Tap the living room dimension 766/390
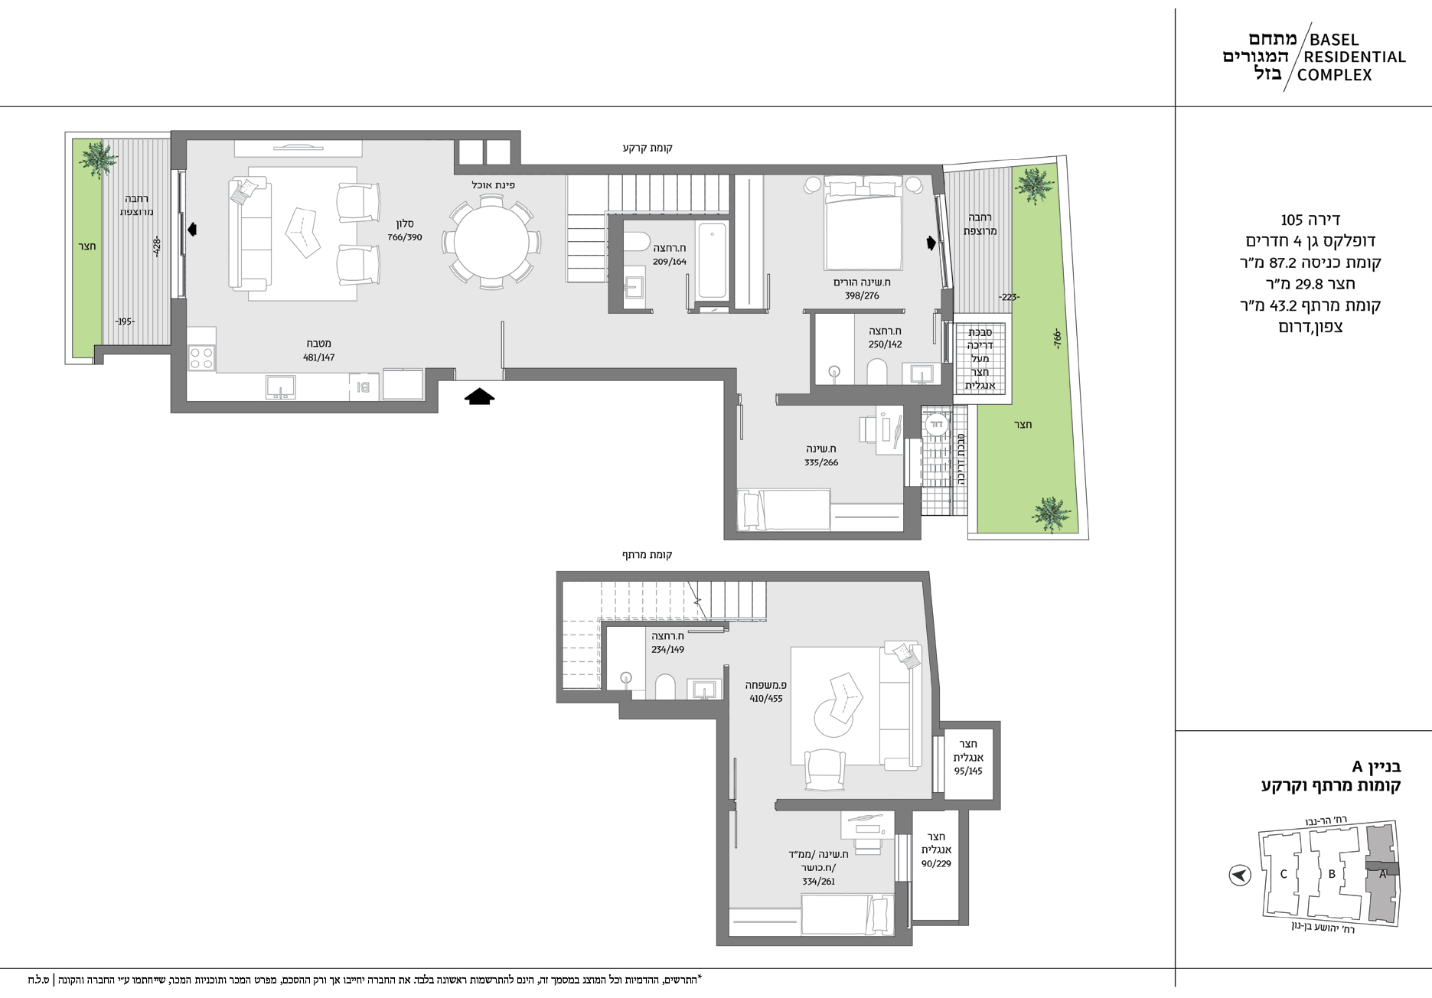tap(404, 237)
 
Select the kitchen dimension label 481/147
tap(318, 357)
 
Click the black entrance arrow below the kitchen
tap(480, 396)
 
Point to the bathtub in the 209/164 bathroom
tap(712, 259)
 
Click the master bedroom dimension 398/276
tap(862, 296)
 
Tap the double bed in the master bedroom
tap(863, 223)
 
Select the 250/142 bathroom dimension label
tap(885, 344)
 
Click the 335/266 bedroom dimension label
tap(821, 462)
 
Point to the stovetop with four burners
tap(201, 358)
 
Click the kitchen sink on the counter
tap(281, 386)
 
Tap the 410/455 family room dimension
tap(766, 698)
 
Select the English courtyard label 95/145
tap(969, 771)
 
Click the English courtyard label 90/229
tap(936, 863)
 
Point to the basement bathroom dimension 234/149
tap(667, 649)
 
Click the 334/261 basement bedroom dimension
tap(818, 882)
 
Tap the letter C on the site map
tap(1284, 874)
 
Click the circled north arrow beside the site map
tap(1239, 875)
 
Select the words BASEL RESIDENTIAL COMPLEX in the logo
tap(1355, 57)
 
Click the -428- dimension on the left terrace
tap(156, 246)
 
